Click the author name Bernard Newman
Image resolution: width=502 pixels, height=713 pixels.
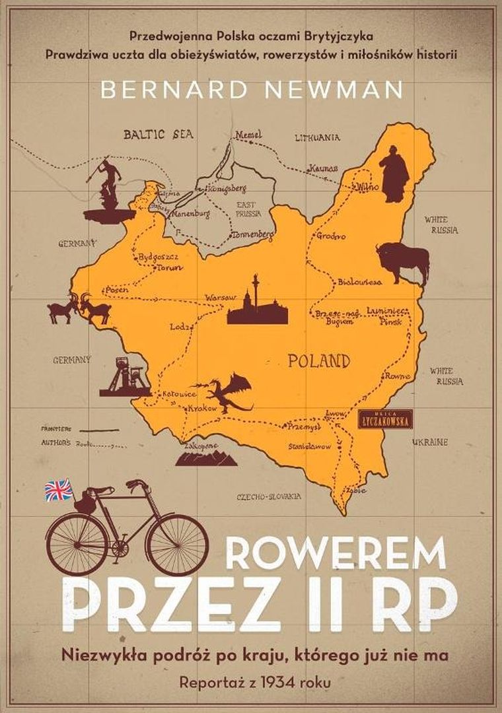pyautogui.click(x=251, y=90)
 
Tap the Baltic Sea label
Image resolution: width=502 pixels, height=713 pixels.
pyautogui.click(x=158, y=134)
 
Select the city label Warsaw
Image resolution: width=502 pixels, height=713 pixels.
pyautogui.click(x=220, y=298)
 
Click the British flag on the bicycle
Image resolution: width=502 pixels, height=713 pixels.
pyautogui.click(x=58, y=489)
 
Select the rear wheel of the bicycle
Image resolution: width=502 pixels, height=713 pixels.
pyautogui.click(x=78, y=543)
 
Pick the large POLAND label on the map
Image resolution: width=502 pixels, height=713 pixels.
pyautogui.click(x=318, y=361)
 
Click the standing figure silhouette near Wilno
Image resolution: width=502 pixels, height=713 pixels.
pyautogui.click(x=394, y=174)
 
